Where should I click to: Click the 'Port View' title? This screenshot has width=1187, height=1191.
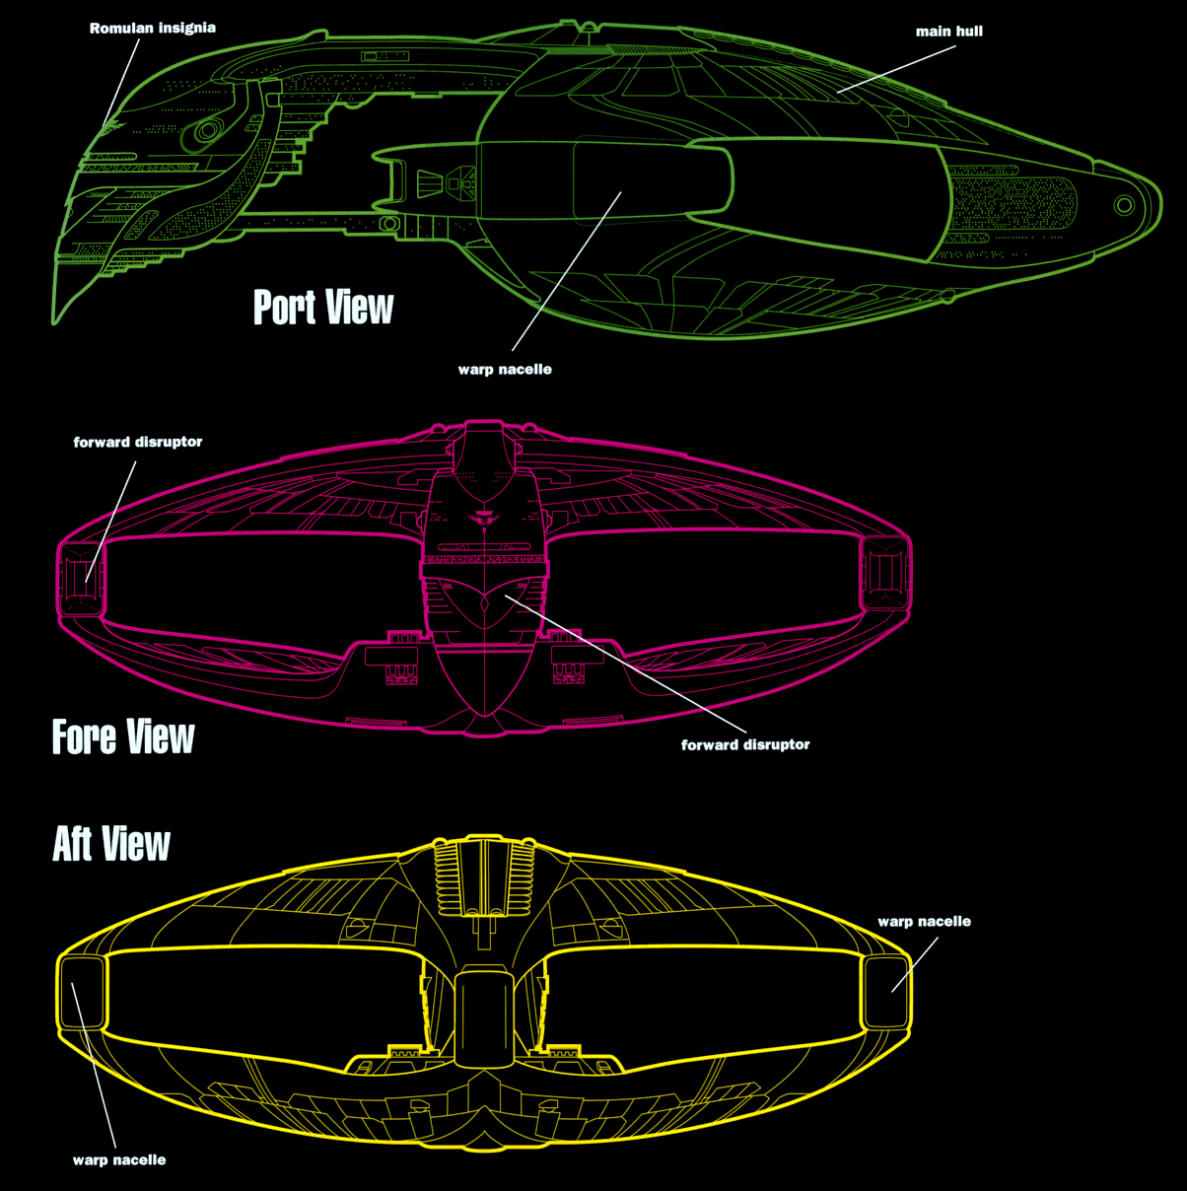(x=323, y=308)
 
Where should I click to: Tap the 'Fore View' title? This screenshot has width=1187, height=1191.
(x=123, y=736)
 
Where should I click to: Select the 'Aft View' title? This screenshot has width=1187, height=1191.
(x=111, y=844)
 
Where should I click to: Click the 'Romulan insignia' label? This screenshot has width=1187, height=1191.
(x=153, y=28)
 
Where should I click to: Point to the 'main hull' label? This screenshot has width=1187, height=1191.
(x=949, y=31)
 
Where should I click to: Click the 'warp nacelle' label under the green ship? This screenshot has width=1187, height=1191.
(x=505, y=369)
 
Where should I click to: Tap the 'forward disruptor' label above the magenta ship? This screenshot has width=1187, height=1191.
(x=138, y=442)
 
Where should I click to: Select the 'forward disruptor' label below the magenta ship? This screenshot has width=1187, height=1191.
(x=745, y=744)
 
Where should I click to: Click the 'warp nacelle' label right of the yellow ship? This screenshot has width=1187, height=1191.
(x=924, y=921)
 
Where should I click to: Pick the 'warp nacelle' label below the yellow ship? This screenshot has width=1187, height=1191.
(x=119, y=1159)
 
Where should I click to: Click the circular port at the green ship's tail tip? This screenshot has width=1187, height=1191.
(x=1124, y=204)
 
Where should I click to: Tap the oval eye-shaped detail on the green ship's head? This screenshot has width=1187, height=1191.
(x=206, y=131)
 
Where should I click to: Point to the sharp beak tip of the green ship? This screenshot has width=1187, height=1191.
(x=54, y=322)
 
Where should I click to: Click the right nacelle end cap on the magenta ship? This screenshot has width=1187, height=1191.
(x=885, y=573)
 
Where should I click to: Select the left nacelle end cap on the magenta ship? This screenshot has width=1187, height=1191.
(x=81, y=579)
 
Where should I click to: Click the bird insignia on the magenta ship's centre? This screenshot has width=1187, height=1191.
(x=485, y=518)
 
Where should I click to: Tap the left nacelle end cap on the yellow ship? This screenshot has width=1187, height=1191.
(x=82, y=993)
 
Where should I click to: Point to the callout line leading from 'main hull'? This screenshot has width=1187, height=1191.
(x=896, y=69)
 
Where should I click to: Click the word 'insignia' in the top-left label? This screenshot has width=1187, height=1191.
(x=187, y=28)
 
